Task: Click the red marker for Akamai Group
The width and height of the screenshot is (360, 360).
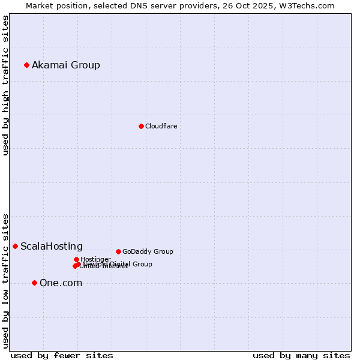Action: (26, 65)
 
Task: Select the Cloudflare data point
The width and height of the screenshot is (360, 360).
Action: (141, 126)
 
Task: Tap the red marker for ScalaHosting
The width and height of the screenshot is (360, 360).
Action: (15, 246)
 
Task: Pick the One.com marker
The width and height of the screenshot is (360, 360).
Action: (34, 283)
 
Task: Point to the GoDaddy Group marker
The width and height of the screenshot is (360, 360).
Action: (118, 251)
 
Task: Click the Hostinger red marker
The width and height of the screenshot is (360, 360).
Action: (76, 259)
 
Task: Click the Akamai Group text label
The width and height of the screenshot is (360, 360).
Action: (66, 65)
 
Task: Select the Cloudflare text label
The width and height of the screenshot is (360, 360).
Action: (161, 126)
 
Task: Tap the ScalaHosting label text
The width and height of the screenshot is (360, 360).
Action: (52, 246)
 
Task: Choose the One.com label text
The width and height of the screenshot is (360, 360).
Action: (61, 283)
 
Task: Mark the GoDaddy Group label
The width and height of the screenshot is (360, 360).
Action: (148, 251)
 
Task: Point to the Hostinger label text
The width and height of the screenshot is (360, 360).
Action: (95, 259)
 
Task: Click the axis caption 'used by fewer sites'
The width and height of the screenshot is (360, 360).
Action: (62, 355)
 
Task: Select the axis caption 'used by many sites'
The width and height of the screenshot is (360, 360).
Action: (301, 355)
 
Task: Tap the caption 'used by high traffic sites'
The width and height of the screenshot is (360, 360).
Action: (6, 85)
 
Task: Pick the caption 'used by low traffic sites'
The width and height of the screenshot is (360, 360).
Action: (6, 280)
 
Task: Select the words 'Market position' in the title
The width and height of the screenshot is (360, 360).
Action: (54, 5)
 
